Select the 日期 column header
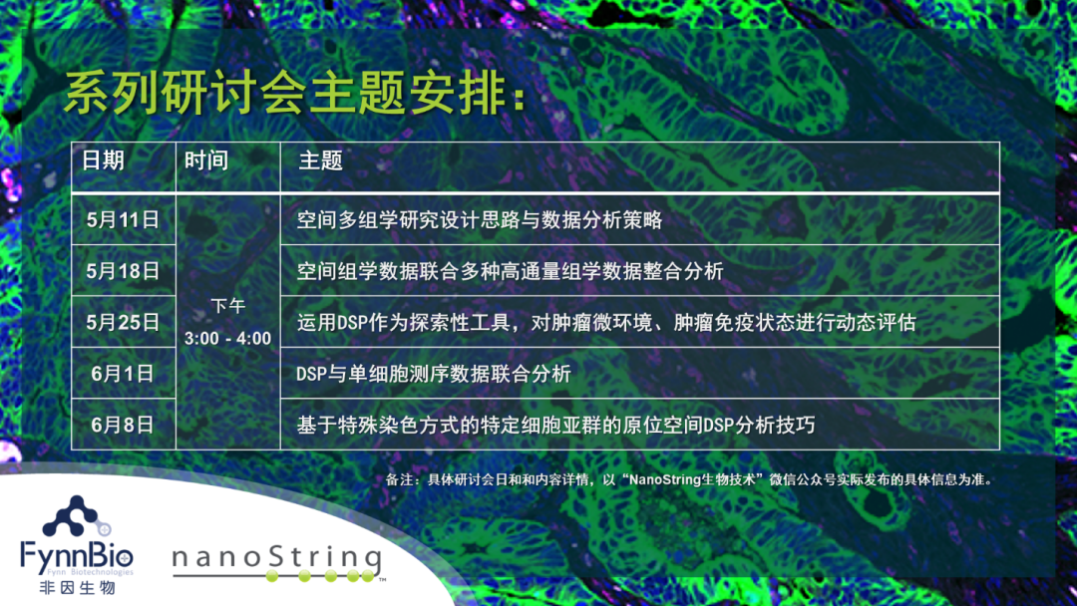click(103, 160)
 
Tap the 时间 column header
click(206, 160)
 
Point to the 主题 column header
click(321, 160)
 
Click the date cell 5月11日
click(123, 219)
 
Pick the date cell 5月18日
click(123, 271)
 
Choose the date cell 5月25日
click(123, 322)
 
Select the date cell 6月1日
click(123, 374)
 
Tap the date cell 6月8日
click(123, 425)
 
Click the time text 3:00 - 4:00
click(228, 338)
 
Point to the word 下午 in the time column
click(228, 306)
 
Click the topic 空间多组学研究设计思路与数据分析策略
click(480, 219)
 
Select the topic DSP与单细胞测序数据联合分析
click(434, 374)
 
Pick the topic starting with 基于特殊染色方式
click(555, 425)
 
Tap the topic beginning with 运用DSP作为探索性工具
click(606, 322)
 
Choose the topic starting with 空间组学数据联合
click(510, 271)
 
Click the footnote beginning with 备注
click(690, 479)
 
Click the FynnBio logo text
click(76, 554)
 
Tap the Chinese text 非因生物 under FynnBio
click(77, 587)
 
